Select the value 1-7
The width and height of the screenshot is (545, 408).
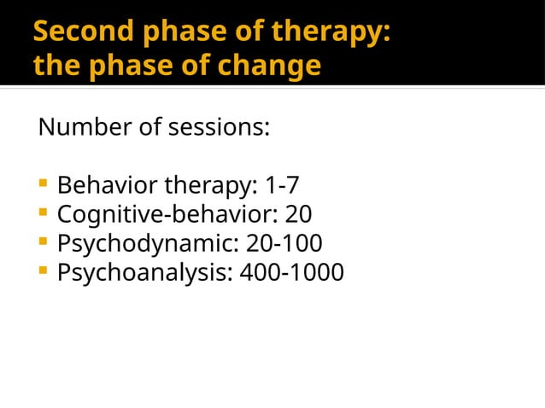click(x=282, y=185)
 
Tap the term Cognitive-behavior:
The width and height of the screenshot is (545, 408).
click(x=162, y=214)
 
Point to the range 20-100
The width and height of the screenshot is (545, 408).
click(x=284, y=244)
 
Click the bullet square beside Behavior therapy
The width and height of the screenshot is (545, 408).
click(x=43, y=184)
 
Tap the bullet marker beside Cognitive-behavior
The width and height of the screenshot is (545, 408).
click(x=43, y=213)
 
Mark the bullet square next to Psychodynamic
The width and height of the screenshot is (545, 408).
click(x=43, y=242)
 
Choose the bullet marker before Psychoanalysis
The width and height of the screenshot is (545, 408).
click(x=43, y=271)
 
